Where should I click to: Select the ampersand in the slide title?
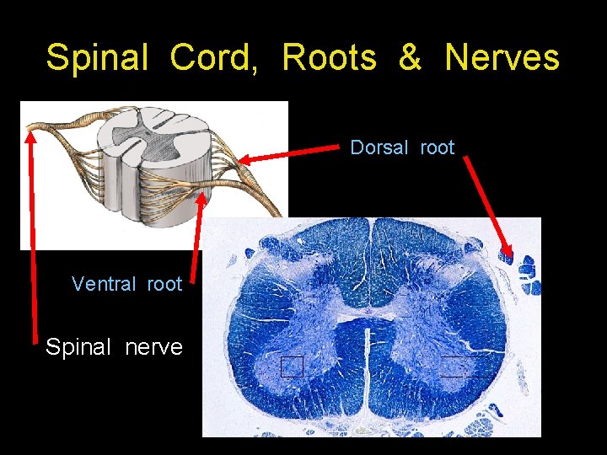pyautogui.click(x=410, y=58)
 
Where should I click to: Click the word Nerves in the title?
pyautogui.click(x=502, y=58)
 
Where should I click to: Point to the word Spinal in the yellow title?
pyautogui.click(x=98, y=58)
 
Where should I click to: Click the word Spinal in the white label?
pyautogui.click(x=82, y=347)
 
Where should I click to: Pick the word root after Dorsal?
pyautogui.click(x=437, y=148)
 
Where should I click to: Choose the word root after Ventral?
pyautogui.click(x=164, y=284)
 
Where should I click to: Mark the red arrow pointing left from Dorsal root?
pyautogui.click(x=287, y=153)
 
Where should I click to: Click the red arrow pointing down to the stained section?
pyautogui.click(x=489, y=206)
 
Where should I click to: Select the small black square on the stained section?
pyautogui.click(x=292, y=367)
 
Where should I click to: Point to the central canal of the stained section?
pyautogui.click(x=368, y=311)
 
